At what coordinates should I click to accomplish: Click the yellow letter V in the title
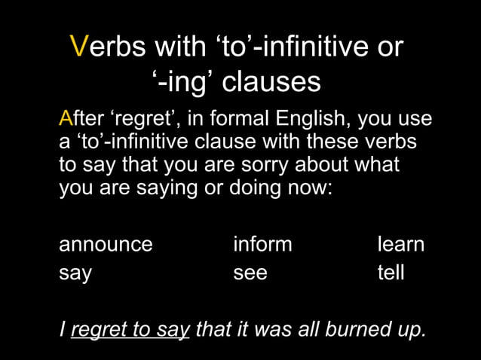(x=80, y=47)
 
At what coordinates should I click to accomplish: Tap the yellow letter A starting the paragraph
(x=65, y=119)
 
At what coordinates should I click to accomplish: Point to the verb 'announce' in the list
(x=106, y=245)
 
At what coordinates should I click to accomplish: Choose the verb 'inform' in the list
(x=262, y=245)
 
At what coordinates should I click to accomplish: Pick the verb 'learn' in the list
(x=401, y=245)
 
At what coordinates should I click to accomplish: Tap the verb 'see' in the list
(x=250, y=273)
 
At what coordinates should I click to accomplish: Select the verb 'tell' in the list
(x=391, y=272)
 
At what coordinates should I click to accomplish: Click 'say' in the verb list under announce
(x=75, y=273)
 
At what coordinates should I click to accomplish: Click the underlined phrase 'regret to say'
(x=130, y=329)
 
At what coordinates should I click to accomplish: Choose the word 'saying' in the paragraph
(x=163, y=187)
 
